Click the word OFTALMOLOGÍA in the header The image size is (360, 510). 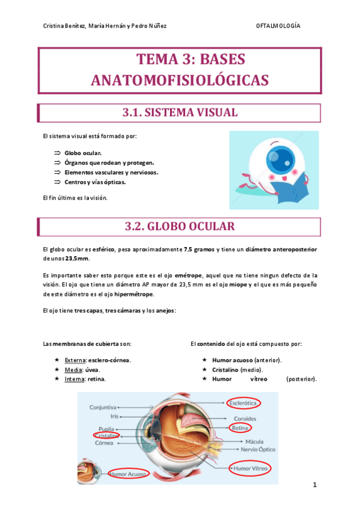tap(278, 26)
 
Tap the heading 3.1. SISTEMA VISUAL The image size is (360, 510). tap(180, 112)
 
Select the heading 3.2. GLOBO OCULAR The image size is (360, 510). tap(180, 226)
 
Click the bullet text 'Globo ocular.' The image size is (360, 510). tap(83, 153)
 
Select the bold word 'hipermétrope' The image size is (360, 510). tap(133, 294)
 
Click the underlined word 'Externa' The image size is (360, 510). tap(75, 360)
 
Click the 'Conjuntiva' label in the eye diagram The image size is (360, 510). tap(103, 407)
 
